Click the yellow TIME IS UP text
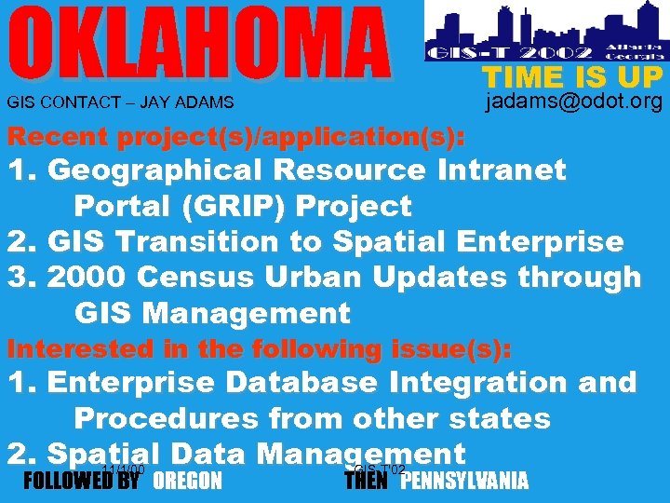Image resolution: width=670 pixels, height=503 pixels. (x=571, y=76)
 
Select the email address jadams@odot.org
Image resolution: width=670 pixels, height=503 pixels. (x=574, y=102)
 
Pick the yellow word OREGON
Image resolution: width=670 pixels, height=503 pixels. (x=187, y=481)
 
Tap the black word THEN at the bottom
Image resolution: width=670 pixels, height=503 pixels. (x=366, y=481)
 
